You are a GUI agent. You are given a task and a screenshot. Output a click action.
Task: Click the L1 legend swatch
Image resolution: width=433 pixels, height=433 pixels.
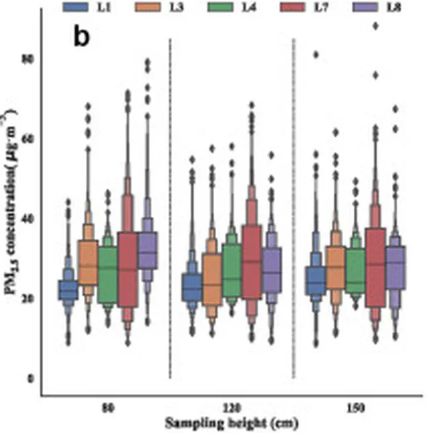pos(76,7)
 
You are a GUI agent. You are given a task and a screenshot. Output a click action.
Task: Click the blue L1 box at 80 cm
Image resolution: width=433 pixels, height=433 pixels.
pos(69,290)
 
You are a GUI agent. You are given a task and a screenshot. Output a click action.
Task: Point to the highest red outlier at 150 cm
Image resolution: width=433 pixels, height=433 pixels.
pos(375,26)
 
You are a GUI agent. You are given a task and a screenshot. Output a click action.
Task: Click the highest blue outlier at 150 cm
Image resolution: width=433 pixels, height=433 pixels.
pos(316,55)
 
